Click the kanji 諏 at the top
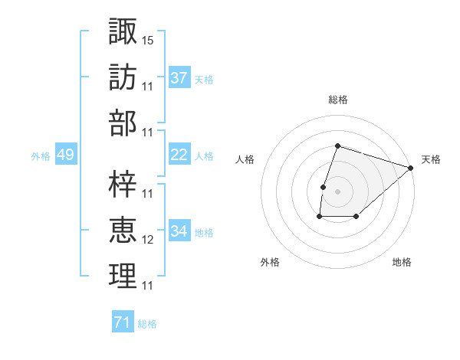click(123, 32)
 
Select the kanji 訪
click(123, 77)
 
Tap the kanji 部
click(123, 123)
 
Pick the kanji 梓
click(123, 184)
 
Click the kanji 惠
click(123, 230)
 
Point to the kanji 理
click(123, 276)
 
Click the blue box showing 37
click(179, 78)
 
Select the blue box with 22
click(179, 155)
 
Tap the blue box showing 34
click(179, 231)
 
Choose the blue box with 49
click(65, 155)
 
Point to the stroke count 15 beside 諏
click(148, 39)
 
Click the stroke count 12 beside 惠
click(148, 240)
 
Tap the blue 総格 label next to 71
click(147, 324)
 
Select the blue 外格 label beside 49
click(41, 156)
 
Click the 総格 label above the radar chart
click(337, 100)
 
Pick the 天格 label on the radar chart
click(431, 159)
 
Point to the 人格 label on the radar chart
click(245, 159)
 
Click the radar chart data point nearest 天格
click(412, 168)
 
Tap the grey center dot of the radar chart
click(337, 191)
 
